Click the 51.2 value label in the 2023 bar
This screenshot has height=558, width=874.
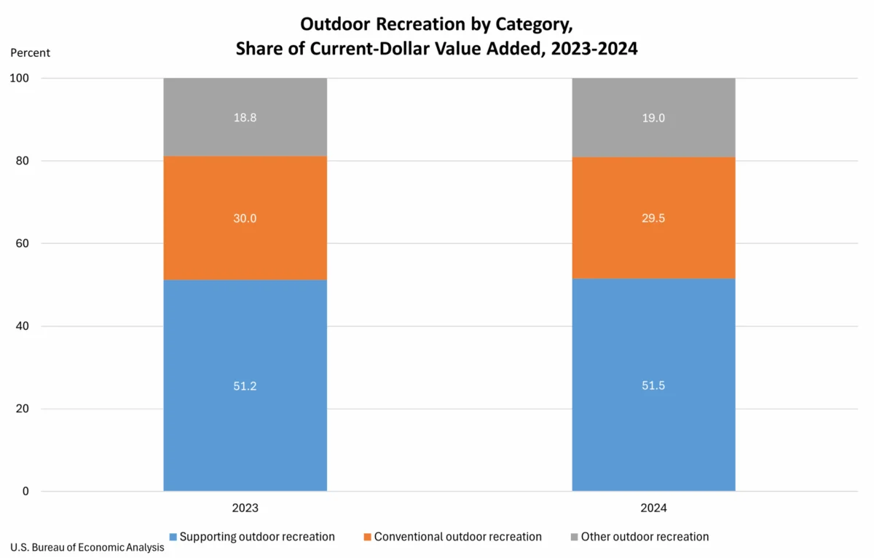coord(245,386)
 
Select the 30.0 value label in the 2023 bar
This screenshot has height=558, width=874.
coord(245,219)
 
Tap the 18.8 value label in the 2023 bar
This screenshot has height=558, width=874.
coord(245,117)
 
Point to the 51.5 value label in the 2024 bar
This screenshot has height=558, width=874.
coord(653,386)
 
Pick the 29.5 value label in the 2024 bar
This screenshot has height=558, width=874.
coord(653,219)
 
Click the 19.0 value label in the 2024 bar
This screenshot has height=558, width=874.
coord(653,117)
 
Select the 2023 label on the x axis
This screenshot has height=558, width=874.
coord(245,508)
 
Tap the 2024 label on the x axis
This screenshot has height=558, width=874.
coord(653,508)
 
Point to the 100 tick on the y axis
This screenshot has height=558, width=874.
coord(20,78)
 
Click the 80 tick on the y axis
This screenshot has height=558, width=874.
coord(23,161)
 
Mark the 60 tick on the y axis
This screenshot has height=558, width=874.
coord(23,243)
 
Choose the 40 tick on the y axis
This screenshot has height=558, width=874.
coord(23,326)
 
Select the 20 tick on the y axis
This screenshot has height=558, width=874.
coord(23,409)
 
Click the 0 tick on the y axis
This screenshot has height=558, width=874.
coord(26,492)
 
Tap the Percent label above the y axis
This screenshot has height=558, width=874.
coord(31,52)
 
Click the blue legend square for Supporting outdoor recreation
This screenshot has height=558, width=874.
coord(173,538)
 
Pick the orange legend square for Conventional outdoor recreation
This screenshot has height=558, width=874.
coord(368,538)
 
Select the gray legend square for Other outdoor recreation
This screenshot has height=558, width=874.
coord(575,538)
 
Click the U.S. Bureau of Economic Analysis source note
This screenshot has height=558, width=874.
coord(87,548)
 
